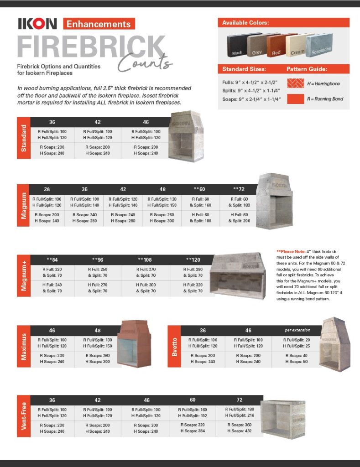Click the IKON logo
pyautogui.click(x=37, y=24)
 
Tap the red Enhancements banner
pyautogui.click(x=99, y=24)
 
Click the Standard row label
pyautogui.click(x=23, y=138)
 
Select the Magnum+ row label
pyautogui.click(x=23, y=275)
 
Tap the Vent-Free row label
pyautogui.click(x=23, y=416)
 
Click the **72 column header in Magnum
pyautogui.click(x=239, y=189)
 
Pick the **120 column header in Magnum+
pyautogui.click(x=193, y=259)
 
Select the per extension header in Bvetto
pyautogui.click(x=297, y=330)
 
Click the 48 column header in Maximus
pyautogui.click(x=98, y=330)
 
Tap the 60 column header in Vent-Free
pyautogui.click(x=193, y=400)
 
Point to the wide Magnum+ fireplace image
pyautogui.click(x=238, y=277)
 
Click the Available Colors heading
pyautogui.click(x=245, y=23)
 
